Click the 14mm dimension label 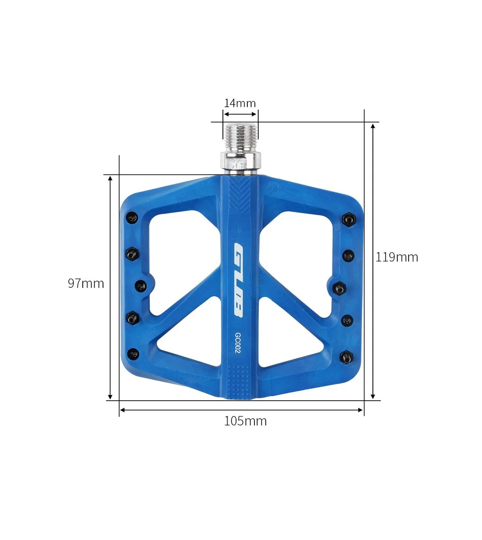point(240,103)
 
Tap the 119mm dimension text point(396,257)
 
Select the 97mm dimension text point(86,284)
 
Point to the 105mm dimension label point(245,421)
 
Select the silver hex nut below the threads point(240,162)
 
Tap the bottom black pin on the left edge point(134,353)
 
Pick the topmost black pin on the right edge point(348,218)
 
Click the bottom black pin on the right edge point(347,357)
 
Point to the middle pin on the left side point(141,286)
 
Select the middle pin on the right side point(340,288)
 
